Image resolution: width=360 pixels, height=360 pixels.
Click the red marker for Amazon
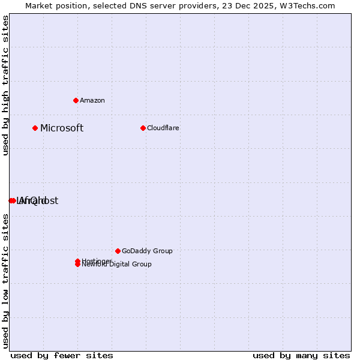coord(76,100)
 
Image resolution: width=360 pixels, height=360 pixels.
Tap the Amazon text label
coord(92,100)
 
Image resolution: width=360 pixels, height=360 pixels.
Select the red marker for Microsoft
coord(35,128)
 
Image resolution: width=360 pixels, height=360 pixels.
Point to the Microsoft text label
coord(62,128)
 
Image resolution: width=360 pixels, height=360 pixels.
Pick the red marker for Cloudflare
coord(143,128)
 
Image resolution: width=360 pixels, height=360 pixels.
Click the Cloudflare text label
coord(163,128)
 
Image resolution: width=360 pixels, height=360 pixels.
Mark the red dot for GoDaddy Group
coord(118,251)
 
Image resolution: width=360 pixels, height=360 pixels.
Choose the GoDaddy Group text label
coord(147,251)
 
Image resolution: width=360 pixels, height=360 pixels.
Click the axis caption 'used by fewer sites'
coord(62,355)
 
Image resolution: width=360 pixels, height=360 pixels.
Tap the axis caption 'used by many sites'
coord(301,355)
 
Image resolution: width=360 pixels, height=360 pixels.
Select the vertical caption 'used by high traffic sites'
coord(5,85)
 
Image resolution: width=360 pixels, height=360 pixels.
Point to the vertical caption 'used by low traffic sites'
coord(5,281)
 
